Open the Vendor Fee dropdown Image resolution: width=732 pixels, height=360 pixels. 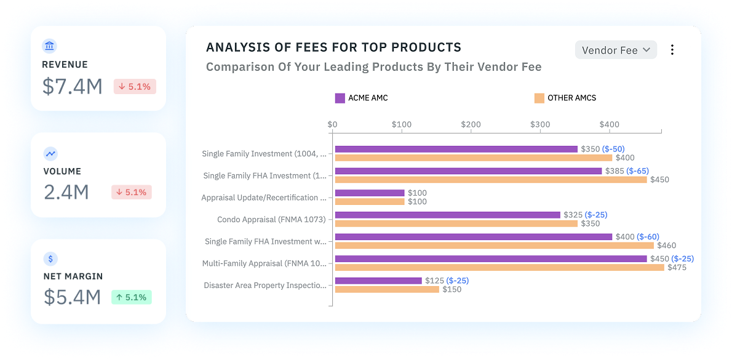pyautogui.click(x=616, y=50)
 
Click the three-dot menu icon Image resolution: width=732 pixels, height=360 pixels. pyautogui.click(x=672, y=50)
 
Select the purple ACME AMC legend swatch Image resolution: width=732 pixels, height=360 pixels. pyautogui.click(x=340, y=98)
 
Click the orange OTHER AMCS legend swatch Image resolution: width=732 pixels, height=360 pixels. pyautogui.click(x=539, y=98)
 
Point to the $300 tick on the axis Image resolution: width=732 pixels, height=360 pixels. pyautogui.click(x=540, y=124)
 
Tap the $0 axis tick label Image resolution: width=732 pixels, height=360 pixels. pyautogui.click(x=332, y=124)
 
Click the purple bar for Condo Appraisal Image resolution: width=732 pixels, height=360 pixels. pyautogui.click(x=447, y=215)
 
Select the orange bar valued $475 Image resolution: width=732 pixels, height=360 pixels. pyautogui.click(x=499, y=267)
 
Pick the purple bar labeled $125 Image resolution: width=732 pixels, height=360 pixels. pyautogui.click(x=378, y=281)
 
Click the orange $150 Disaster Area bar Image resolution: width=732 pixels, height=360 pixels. pyautogui.click(x=387, y=289)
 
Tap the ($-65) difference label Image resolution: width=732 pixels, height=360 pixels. pyautogui.click(x=637, y=171)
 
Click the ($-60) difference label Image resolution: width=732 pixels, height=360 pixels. pyautogui.click(x=648, y=237)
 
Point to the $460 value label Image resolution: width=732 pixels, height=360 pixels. pyautogui.click(x=666, y=246)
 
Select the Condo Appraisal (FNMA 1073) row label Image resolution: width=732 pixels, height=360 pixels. pyautogui.click(x=271, y=220)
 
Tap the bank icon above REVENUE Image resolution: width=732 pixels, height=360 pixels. pyautogui.click(x=50, y=46)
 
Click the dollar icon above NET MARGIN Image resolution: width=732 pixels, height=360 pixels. pyautogui.click(x=50, y=258)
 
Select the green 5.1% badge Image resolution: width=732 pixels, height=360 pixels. pyautogui.click(x=131, y=297)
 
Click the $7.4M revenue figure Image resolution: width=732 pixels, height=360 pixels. pyautogui.click(x=73, y=86)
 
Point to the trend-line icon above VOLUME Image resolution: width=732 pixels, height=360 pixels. pyautogui.click(x=50, y=153)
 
